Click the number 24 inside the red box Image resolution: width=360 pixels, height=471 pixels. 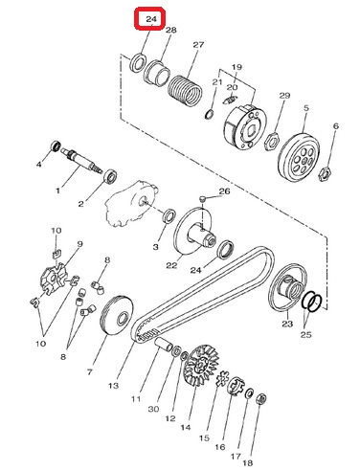pyautogui.click(x=151, y=19)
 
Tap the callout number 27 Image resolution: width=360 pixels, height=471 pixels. pyautogui.click(x=198, y=45)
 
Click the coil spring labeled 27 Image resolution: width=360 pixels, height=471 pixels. pyautogui.click(x=186, y=89)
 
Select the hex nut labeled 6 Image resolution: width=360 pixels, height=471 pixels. pyautogui.click(x=325, y=173)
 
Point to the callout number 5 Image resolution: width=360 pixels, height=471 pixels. pyautogui.click(x=306, y=108)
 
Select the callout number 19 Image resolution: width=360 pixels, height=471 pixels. pyautogui.click(x=236, y=67)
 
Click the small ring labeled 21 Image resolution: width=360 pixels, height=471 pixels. pyautogui.click(x=209, y=114)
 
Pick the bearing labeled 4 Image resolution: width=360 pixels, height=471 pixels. pyautogui.click(x=56, y=146)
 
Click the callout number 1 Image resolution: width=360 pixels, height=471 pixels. pyautogui.click(x=57, y=191)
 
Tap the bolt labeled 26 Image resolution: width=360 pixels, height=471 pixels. pyautogui.click(x=203, y=199)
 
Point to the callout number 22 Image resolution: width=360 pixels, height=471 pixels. pyautogui.click(x=171, y=265)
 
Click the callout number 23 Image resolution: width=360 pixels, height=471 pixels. pyautogui.click(x=287, y=324)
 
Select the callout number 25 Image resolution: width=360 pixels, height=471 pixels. pyautogui.click(x=305, y=334)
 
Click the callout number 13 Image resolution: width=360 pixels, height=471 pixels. pyautogui.click(x=113, y=386)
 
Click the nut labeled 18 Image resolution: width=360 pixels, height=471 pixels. pyautogui.click(x=261, y=398)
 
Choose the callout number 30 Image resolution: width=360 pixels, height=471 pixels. pyautogui.click(x=153, y=409)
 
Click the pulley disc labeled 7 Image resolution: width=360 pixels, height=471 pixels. pyautogui.click(x=116, y=316)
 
